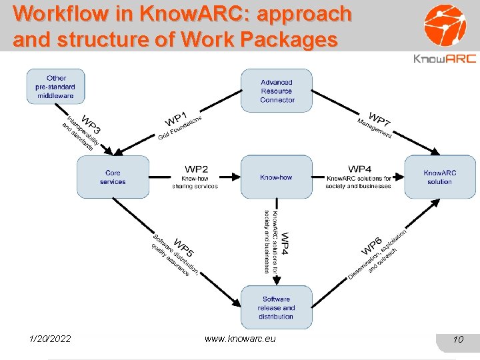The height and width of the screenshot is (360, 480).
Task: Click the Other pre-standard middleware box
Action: (56, 87)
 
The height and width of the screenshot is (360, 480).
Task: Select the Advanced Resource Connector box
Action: (277, 91)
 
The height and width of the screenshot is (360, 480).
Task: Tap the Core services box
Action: (113, 177)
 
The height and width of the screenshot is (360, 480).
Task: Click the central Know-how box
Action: (276, 177)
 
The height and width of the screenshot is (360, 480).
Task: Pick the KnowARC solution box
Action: (439, 177)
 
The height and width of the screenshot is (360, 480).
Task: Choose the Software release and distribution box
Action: (276, 308)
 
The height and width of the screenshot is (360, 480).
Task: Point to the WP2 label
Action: (196, 169)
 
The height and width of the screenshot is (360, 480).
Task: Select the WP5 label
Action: (183, 247)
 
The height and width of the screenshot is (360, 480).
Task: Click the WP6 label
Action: (371, 246)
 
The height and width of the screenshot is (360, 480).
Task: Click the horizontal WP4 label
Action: (359, 169)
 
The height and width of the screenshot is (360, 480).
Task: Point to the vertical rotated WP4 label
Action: (285, 243)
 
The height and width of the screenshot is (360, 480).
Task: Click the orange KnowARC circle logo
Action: (446, 25)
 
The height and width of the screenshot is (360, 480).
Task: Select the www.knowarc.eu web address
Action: (240, 339)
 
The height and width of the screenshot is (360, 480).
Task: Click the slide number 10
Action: (457, 340)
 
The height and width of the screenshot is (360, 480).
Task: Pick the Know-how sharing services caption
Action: (195, 182)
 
